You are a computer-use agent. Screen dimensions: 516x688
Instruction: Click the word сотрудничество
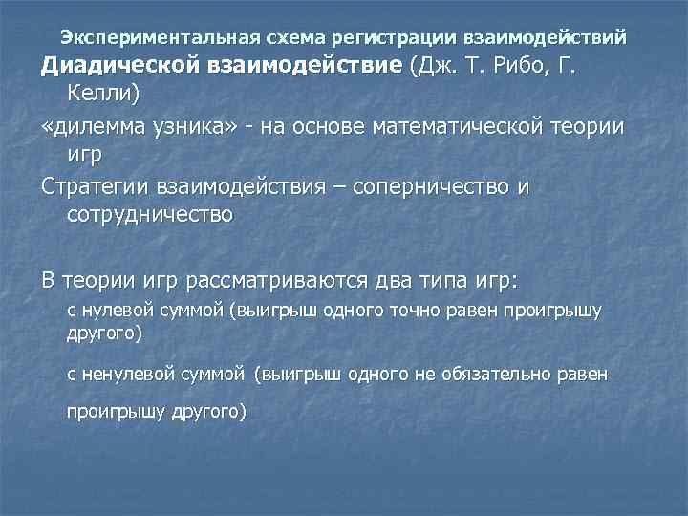coord(151,215)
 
